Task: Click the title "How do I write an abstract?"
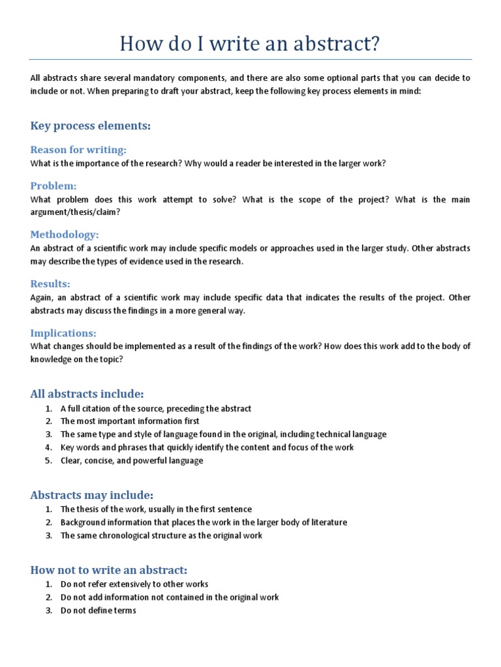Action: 250,44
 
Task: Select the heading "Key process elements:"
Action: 90,126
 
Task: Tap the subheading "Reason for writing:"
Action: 78,150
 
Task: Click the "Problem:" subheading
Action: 53,186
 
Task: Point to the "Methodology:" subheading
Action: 65,234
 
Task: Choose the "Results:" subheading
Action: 50,284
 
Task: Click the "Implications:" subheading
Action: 63,333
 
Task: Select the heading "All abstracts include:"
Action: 87,393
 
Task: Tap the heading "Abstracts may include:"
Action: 92,495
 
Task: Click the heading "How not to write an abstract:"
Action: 108,570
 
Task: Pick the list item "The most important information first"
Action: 130,421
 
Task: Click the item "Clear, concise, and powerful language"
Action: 132,461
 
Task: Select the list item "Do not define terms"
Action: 99,610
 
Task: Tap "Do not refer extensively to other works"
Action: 134,584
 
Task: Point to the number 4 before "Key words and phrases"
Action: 48,447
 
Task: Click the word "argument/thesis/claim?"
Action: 75,212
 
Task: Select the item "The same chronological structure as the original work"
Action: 161,535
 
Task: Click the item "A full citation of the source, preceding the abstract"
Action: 156,408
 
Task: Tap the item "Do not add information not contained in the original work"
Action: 170,597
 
